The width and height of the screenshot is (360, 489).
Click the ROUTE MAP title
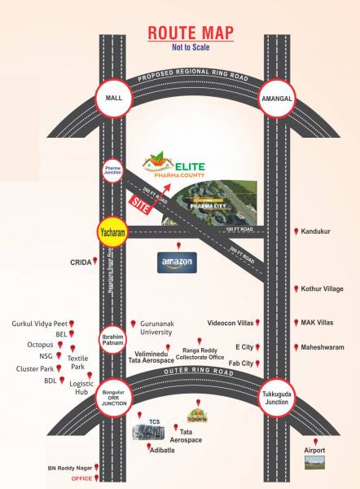tap(191, 33)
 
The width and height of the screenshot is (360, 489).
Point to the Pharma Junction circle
tap(112, 172)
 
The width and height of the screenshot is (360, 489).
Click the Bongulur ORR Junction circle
tap(112, 398)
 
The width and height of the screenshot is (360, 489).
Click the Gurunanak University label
tap(164, 328)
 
